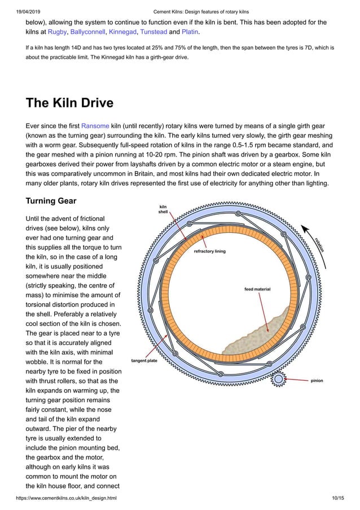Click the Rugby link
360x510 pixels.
click(x=58, y=32)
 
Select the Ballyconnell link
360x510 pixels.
click(x=87, y=32)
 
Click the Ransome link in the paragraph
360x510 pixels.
click(x=95, y=125)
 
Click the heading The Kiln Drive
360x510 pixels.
click(x=69, y=103)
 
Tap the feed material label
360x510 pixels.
click(x=257, y=289)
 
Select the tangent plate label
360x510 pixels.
click(x=144, y=360)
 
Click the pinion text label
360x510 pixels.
click(x=317, y=381)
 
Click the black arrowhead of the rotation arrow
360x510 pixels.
click(x=305, y=227)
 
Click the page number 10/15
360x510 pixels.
click(x=339, y=498)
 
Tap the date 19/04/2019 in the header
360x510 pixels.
click(x=23, y=12)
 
